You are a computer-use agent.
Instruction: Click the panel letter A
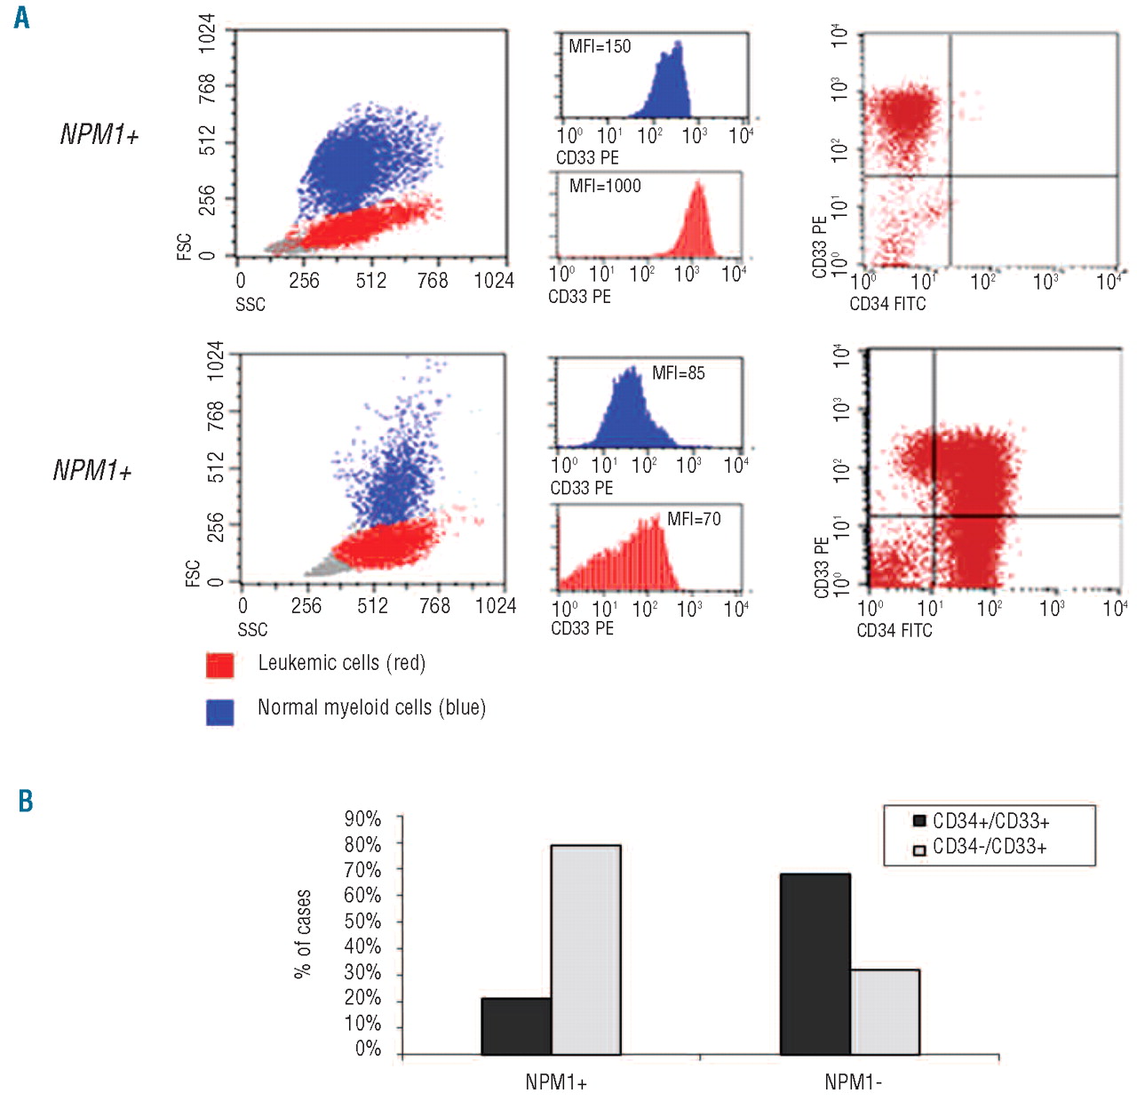(x=21, y=17)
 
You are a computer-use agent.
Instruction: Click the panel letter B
(x=26, y=801)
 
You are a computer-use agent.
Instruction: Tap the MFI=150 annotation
(x=600, y=47)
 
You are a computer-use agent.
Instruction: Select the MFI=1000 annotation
(x=605, y=186)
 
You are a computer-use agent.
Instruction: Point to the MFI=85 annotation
(x=679, y=373)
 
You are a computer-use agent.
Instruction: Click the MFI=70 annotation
(x=694, y=519)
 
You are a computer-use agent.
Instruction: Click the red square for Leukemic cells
(x=219, y=666)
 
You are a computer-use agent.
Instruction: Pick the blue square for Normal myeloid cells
(x=219, y=712)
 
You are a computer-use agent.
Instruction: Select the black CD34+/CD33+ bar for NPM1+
(x=516, y=1026)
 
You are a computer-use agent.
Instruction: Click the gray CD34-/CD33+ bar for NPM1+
(x=585, y=950)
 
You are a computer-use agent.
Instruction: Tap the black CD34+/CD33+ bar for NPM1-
(x=815, y=964)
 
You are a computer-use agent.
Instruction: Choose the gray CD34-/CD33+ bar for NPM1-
(x=884, y=1012)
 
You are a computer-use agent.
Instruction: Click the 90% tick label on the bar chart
(x=363, y=819)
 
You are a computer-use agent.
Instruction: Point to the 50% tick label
(x=363, y=922)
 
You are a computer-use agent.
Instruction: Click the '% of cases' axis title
(x=303, y=934)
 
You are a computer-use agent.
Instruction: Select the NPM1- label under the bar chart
(x=853, y=1082)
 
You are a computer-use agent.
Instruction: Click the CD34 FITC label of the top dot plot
(x=887, y=304)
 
